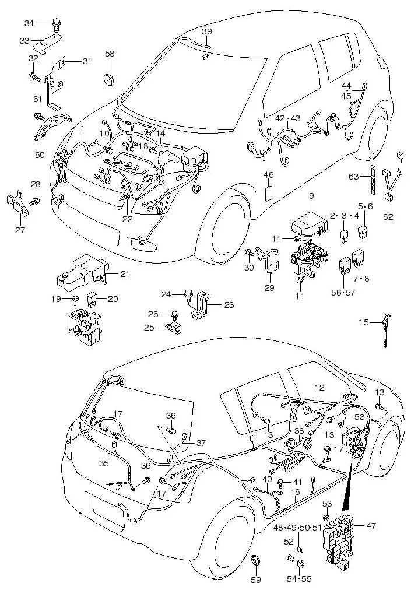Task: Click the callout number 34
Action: [29, 23]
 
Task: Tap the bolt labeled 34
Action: [56, 24]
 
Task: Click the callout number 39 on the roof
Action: [207, 30]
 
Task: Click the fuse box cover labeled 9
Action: [311, 224]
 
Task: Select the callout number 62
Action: [388, 217]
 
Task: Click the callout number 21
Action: [125, 274]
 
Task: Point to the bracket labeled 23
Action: [202, 304]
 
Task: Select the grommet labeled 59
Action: [256, 562]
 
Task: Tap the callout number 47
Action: [371, 525]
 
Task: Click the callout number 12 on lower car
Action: [319, 387]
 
